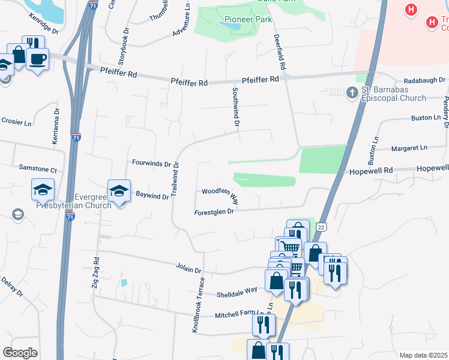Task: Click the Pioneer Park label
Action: [248, 19]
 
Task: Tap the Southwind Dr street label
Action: [237, 106]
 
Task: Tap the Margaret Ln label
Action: [409, 147]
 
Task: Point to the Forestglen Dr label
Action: [213, 212]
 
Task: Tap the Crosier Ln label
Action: [16, 122]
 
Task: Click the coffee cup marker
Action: [38, 59]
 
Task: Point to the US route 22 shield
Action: [322, 227]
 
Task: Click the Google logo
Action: [20, 353]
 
